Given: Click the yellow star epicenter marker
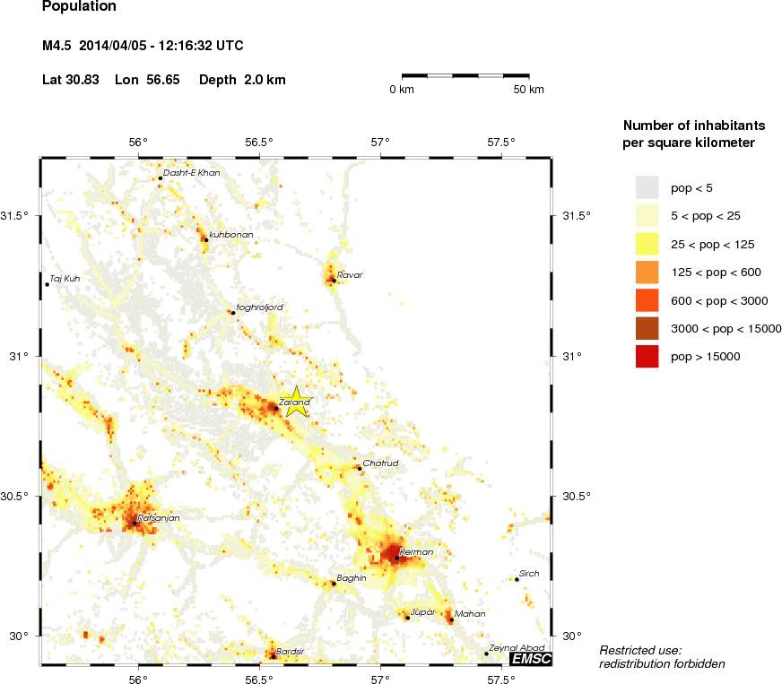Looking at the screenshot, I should click(x=295, y=401).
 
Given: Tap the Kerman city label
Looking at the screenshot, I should click(x=416, y=552).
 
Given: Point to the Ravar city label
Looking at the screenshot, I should click(x=350, y=274).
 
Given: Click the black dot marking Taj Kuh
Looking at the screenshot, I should click(x=47, y=284).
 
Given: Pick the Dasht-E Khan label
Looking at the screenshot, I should click(x=191, y=172).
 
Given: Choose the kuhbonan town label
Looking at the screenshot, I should click(x=231, y=235).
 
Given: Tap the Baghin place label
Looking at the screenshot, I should click(x=351, y=578).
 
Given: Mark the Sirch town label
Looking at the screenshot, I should click(x=530, y=574).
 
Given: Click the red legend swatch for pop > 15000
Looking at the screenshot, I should click(x=647, y=357).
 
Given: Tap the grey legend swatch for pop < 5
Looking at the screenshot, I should click(x=647, y=187).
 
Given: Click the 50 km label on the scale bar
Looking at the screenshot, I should click(x=529, y=90).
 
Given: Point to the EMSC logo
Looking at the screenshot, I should click(x=530, y=659).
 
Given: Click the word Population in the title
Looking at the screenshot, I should click(x=79, y=6).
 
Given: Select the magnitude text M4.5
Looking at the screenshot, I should click(x=56, y=45).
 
